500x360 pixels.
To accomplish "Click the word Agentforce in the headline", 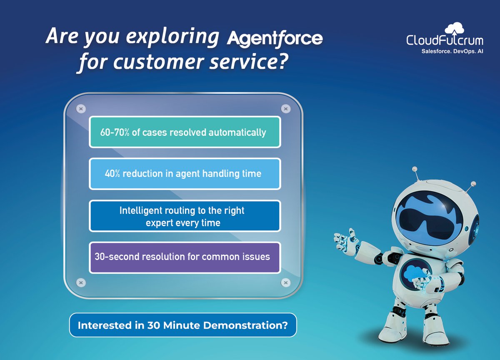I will click(275, 38).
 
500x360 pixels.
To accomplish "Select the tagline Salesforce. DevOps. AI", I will click(447, 52).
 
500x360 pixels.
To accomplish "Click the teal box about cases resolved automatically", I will click(185, 132).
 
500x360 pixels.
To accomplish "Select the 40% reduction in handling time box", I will click(185, 174).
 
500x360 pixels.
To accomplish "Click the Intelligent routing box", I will click(185, 216).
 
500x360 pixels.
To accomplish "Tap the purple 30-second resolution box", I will click(185, 257).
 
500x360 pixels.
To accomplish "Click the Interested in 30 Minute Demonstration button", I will click(182, 325).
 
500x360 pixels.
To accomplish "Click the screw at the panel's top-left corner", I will click(81, 109).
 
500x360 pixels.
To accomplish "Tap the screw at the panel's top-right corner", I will click(285, 109).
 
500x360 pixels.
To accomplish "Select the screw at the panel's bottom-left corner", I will click(81, 282).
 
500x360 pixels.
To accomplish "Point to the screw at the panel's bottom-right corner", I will click(285, 282).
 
